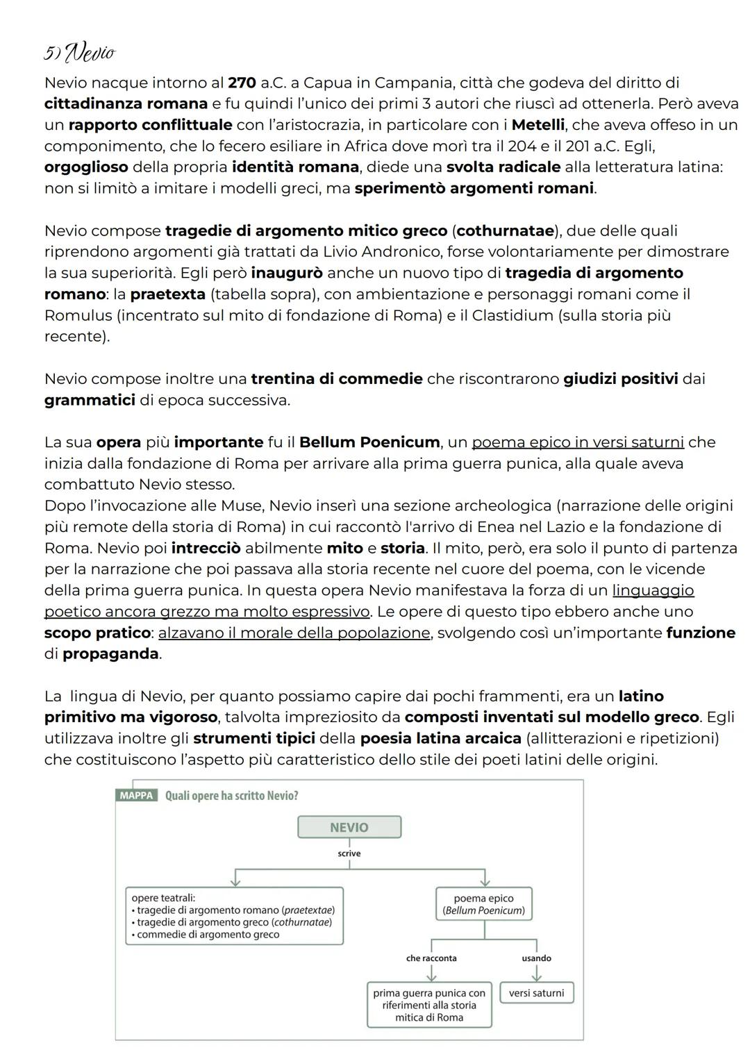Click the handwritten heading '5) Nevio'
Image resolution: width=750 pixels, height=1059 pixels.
pos(78,52)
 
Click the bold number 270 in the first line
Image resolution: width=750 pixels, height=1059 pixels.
pos(242,83)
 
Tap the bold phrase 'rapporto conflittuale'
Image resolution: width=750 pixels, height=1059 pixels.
pos(150,125)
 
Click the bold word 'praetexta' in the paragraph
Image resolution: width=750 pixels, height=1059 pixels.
pos(167,294)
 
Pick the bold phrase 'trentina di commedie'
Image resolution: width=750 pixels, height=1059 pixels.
pos(336,378)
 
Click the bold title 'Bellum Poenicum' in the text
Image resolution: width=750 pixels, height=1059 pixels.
pos(369,442)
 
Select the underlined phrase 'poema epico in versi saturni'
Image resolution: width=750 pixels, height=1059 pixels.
pos(578,442)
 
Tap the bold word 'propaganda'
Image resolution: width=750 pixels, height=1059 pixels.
pos(110,653)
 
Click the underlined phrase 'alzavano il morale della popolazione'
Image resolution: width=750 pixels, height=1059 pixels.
pos(294,633)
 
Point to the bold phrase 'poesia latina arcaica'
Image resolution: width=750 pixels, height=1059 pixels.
pos(440,737)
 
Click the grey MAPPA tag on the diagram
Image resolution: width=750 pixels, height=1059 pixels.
pos(136,795)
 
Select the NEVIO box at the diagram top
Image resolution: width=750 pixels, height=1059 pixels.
pos(349,827)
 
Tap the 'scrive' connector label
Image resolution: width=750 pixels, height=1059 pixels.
pos(349,853)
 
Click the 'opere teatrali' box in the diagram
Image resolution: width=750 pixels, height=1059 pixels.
pos(235,915)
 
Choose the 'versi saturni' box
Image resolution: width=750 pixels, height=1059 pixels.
pos(536,993)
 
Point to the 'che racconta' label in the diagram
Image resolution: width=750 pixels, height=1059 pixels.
pos(431,958)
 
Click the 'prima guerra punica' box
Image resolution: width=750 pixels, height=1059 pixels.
pos(429,1005)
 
